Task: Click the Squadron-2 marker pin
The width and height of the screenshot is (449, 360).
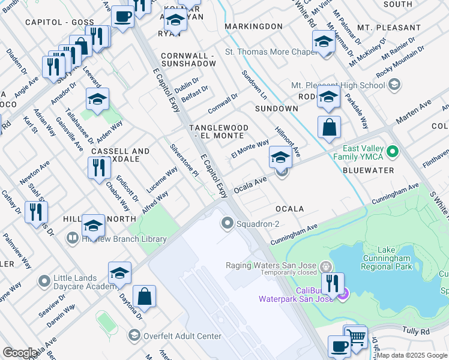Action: pyautogui.click(x=228, y=224)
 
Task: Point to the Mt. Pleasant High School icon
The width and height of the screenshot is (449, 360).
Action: pyautogui.click(x=394, y=85)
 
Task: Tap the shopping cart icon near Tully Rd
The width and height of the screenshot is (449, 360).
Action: pyautogui.click(x=355, y=337)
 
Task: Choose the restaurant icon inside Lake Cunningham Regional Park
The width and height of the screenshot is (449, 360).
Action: pyautogui.click(x=332, y=283)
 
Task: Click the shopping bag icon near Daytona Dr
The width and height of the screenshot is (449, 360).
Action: pyautogui.click(x=144, y=296)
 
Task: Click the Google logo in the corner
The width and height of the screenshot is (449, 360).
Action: pyautogui.click(x=20, y=353)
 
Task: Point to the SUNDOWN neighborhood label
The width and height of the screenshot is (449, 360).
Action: pyautogui.click(x=276, y=109)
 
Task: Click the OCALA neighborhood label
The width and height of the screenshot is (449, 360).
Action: pyautogui.click(x=289, y=209)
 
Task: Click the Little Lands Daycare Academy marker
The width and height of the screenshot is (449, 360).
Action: pyautogui.click(x=44, y=281)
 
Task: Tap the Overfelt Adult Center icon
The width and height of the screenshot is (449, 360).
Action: pyautogui.click(x=134, y=335)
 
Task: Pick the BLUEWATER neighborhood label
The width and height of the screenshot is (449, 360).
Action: pyautogui.click(x=368, y=170)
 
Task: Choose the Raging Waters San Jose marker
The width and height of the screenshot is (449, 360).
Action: pyautogui.click(x=325, y=266)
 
